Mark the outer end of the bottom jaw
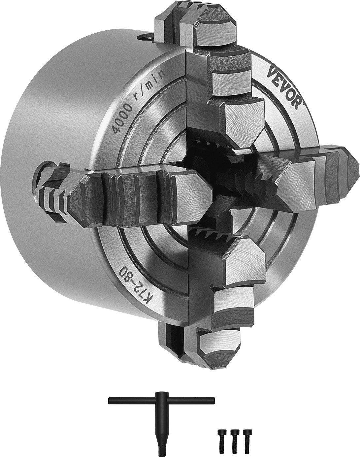(211, 350)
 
